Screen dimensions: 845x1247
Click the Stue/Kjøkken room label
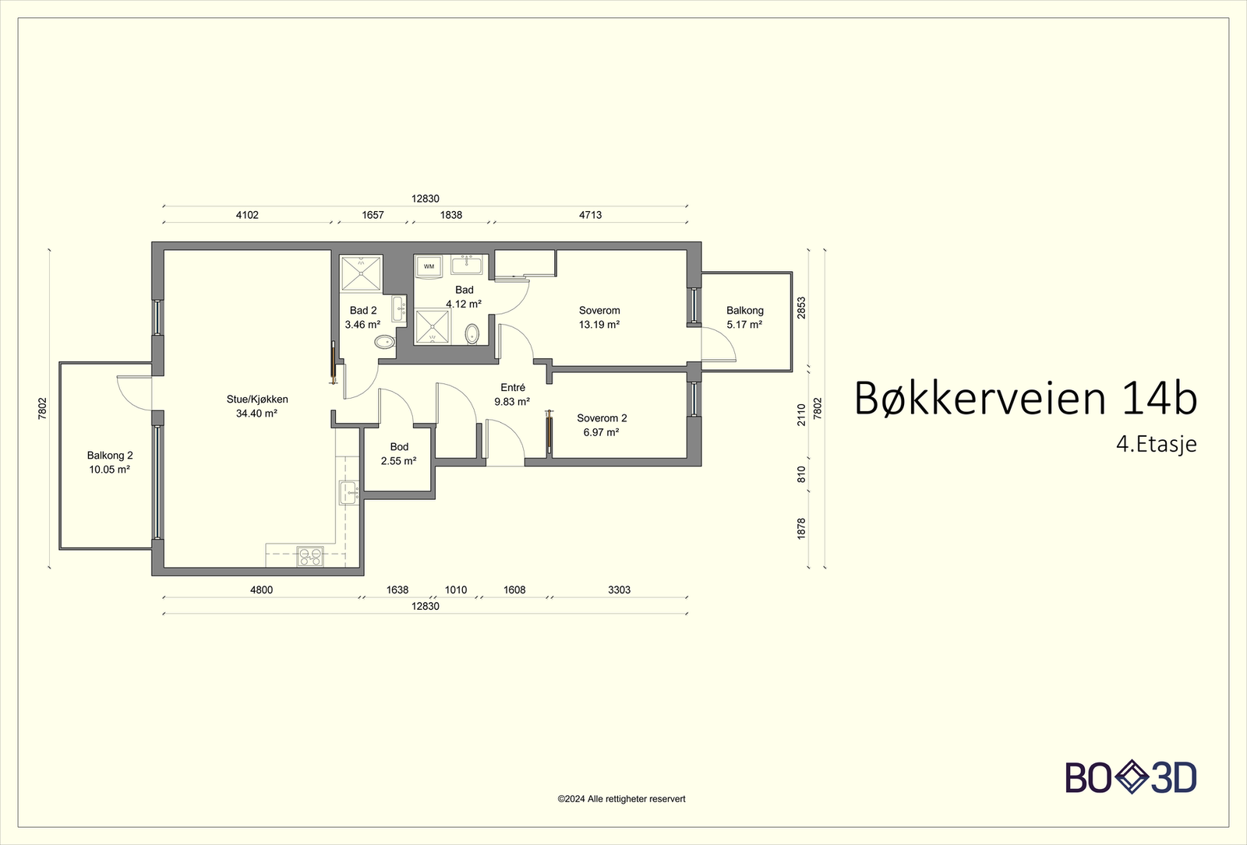(257, 400)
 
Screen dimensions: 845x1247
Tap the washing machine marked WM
(429, 266)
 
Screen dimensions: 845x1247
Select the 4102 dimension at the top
(247, 215)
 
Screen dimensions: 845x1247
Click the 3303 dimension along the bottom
(619, 590)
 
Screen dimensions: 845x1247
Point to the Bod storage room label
(399, 447)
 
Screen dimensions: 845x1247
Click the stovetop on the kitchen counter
(310, 556)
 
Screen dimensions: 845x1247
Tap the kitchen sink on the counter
(348, 492)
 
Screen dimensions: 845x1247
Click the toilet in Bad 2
(384, 342)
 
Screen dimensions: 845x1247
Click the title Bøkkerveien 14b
(1025, 399)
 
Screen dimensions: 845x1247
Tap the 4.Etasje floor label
(1156, 444)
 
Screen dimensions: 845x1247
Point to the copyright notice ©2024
(621, 798)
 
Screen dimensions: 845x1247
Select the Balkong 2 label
(110, 456)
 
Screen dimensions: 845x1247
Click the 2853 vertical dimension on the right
(801, 307)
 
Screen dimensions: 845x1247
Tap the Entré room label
(513, 388)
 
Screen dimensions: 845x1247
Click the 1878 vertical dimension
(801, 528)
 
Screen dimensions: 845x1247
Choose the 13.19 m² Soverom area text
(599, 325)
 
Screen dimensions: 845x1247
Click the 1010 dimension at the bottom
(456, 590)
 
